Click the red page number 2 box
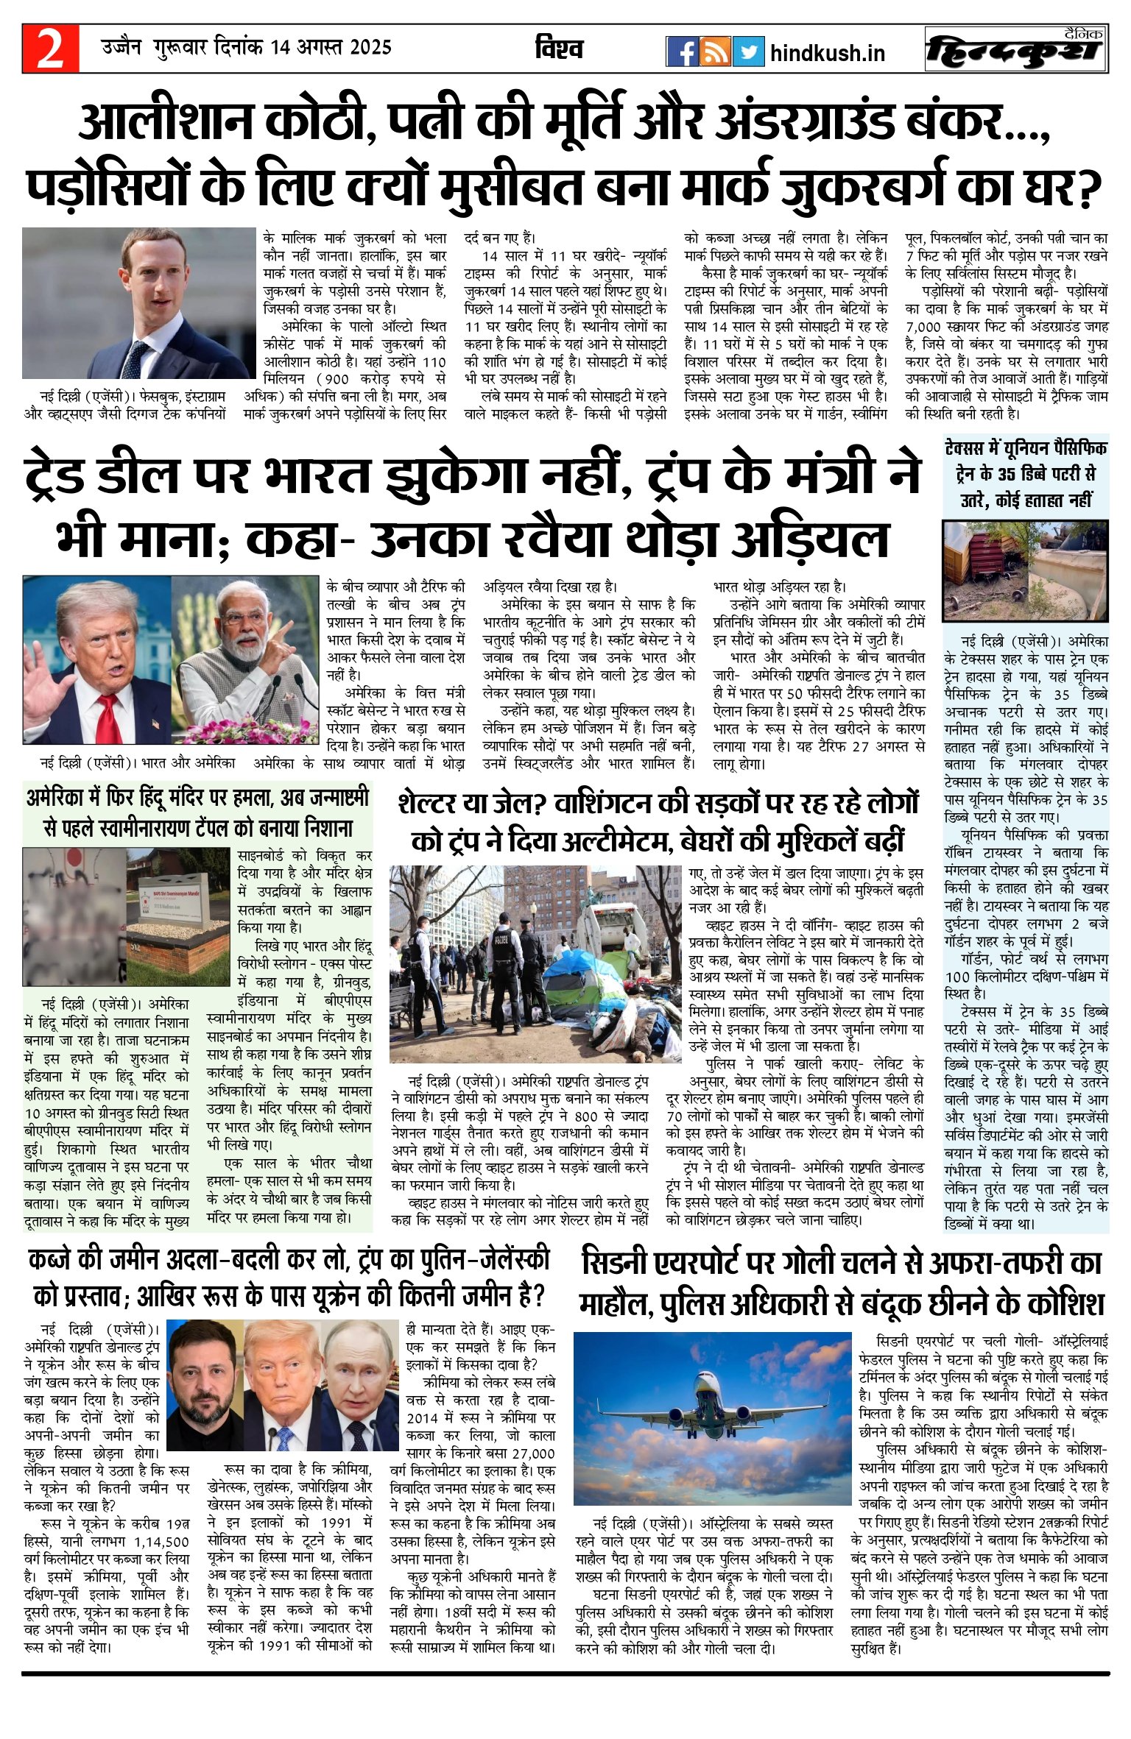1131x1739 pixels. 50,49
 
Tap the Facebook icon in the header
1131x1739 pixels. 682,52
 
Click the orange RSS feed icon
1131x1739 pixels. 715,52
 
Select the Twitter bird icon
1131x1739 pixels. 748,52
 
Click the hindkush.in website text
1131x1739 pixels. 827,53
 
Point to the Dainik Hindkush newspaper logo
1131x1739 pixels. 1016,49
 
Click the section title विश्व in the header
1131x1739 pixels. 560,49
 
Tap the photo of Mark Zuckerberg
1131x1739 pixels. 138,302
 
